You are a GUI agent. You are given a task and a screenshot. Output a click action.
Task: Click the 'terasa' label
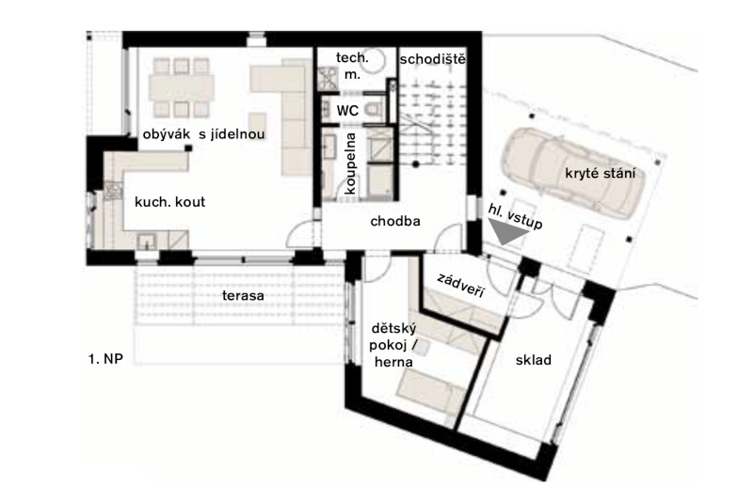click(243, 295)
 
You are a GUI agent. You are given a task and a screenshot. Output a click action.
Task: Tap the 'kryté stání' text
click(600, 173)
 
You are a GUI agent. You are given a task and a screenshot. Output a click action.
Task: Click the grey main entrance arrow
click(507, 231)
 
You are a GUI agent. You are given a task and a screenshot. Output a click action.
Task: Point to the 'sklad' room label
click(533, 360)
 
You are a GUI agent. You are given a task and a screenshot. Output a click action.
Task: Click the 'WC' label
click(347, 111)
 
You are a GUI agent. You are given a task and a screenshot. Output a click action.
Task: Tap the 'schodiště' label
click(432, 59)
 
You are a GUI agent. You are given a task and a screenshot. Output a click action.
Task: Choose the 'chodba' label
click(395, 221)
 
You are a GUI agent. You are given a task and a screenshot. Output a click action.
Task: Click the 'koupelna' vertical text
click(350, 163)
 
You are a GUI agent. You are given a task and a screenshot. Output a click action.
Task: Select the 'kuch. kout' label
click(169, 202)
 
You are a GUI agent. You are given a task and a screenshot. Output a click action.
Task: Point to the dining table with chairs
click(181, 87)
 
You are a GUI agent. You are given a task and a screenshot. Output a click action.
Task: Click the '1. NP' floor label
click(105, 359)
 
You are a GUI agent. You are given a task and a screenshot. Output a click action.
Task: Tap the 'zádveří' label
click(461, 286)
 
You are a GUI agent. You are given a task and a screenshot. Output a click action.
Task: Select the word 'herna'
click(393, 362)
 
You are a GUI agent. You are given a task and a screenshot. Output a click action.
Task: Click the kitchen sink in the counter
click(146, 241)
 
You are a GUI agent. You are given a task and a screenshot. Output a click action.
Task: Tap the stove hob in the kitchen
click(114, 190)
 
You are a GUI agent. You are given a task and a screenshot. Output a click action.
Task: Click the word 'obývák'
click(167, 134)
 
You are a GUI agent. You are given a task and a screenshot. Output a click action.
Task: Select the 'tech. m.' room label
click(352, 66)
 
